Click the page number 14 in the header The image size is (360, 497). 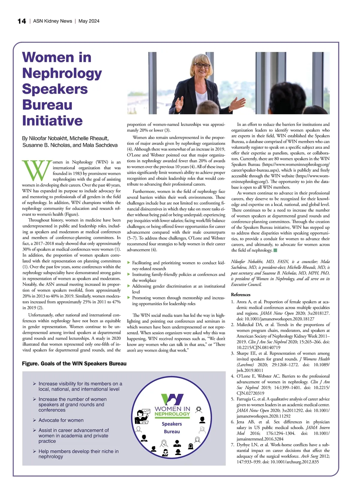(x=22, y=21)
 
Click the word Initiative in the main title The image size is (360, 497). (x=52, y=121)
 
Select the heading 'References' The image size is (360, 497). (x=241, y=295)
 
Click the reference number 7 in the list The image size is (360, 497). (x=233, y=445)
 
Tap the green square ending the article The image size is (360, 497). (x=275, y=250)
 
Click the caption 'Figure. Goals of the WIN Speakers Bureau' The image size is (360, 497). (x=74, y=364)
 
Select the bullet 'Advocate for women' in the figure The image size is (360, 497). (x=61, y=420)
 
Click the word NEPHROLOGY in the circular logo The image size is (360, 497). (x=172, y=414)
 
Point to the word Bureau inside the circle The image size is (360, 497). (x=172, y=432)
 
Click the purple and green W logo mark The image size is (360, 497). (x=172, y=399)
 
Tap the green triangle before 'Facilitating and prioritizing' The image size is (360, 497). (x=129, y=263)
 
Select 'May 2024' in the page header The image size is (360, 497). (x=89, y=21)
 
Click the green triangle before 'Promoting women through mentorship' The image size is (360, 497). (x=129, y=298)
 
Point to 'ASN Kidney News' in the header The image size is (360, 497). (x=52, y=21)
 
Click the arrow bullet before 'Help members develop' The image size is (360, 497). (x=34, y=451)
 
